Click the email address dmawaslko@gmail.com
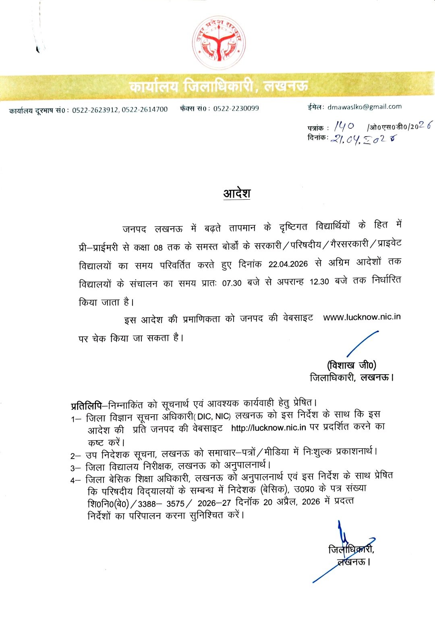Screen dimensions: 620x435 (x=365, y=107)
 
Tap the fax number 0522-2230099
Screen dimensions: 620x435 (x=236, y=109)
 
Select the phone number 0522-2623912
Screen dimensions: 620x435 (x=95, y=110)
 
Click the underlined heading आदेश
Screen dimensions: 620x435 (x=237, y=193)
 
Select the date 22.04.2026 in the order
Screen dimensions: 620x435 (x=288, y=264)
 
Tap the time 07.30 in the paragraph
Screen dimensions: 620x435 (x=232, y=283)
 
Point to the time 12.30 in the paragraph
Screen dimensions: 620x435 (x=319, y=282)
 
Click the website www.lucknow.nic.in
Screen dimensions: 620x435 (x=362, y=317)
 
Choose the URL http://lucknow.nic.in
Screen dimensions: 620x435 (x=269, y=428)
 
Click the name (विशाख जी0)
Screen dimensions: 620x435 (x=352, y=365)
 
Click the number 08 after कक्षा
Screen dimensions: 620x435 (x=158, y=247)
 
